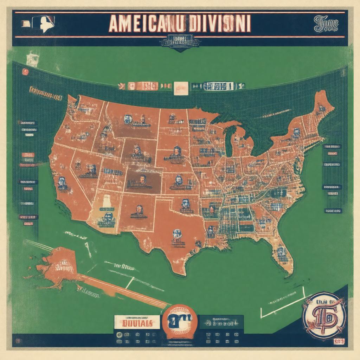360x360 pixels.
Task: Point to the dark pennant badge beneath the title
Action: point(180,43)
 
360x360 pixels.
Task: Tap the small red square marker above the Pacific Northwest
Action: point(25,72)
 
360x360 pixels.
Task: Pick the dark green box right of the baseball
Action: point(221,322)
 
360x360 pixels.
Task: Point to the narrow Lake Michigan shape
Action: point(229,141)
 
